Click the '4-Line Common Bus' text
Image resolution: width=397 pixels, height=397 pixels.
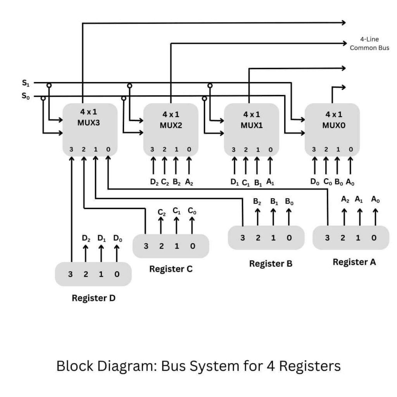pyautogui.click(x=369, y=44)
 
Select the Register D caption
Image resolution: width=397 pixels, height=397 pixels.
pyautogui.click(x=93, y=298)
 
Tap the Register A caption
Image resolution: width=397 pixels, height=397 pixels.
pyautogui.click(x=354, y=262)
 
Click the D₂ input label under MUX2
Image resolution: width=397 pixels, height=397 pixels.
pyautogui.click(x=154, y=181)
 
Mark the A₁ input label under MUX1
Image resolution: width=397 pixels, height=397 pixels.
pyautogui.click(x=271, y=181)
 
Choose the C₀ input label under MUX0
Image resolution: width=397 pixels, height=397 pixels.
pyautogui.click(x=327, y=181)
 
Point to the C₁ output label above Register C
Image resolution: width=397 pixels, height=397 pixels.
pyautogui.click(x=176, y=211)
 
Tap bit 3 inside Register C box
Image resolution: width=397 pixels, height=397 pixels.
pyautogui.click(x=146, y=246)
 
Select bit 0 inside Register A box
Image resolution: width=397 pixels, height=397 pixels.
pyautogui.click(x=374, y=238)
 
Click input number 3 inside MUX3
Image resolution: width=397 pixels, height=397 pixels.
pyautogui.click(x=71, y=149)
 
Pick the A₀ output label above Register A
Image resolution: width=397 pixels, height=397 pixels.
pyautogui.click(x=375, y=199)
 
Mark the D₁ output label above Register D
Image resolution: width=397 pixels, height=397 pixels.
pyautogui.click(x=101, y=238)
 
